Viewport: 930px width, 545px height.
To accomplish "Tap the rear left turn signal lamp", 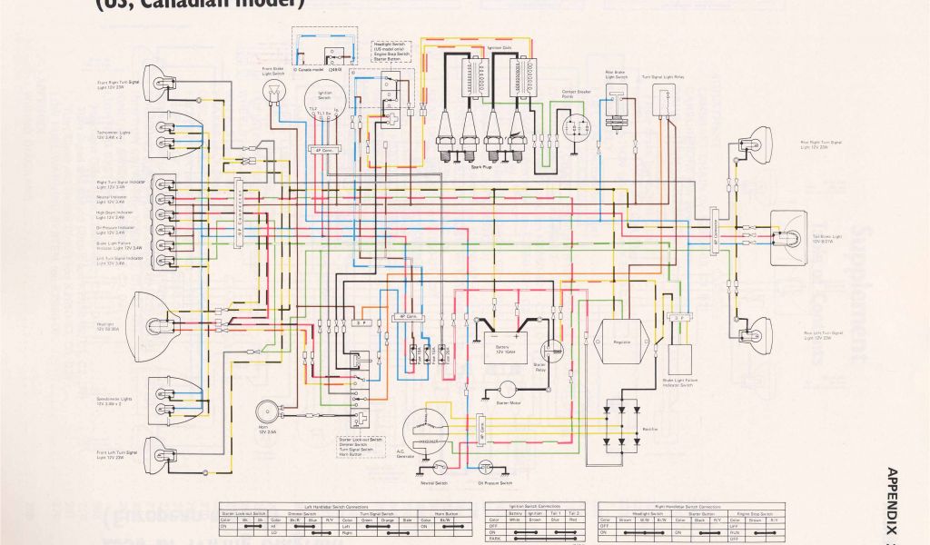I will (x=756, y=331).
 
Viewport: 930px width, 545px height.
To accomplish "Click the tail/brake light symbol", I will (x=788, y=237).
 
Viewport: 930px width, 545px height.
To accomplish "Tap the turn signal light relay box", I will (x=670, y=104).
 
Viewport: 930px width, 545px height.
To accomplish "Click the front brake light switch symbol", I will (x=270, y=91).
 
